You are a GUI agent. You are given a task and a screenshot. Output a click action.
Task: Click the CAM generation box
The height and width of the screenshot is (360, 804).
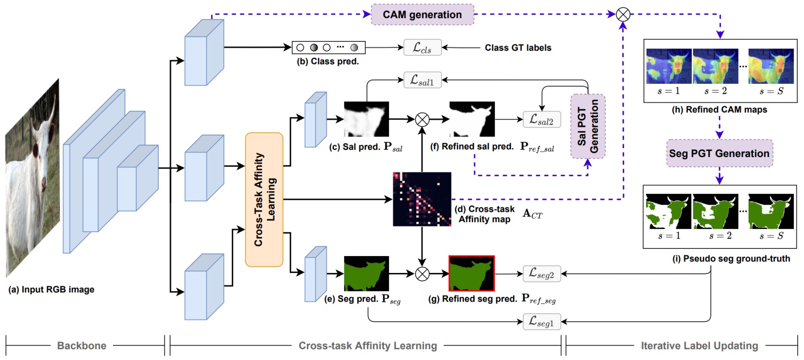[422, 15]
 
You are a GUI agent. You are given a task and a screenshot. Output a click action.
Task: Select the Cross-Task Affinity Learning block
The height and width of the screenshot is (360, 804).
[264, 200]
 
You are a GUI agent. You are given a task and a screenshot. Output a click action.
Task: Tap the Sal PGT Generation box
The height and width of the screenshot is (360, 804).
[588, 126]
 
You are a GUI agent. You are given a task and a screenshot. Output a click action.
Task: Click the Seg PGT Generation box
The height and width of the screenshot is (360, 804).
[719, 153]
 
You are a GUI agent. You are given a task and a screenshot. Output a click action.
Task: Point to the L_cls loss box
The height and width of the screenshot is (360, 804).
[422, 48]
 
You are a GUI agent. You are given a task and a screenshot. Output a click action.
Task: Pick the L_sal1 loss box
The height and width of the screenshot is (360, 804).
[422, 80]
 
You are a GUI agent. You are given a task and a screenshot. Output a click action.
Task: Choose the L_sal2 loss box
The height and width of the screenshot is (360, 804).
[541, 120]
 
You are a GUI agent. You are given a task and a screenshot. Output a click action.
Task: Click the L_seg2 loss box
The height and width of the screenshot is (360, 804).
[541, 274]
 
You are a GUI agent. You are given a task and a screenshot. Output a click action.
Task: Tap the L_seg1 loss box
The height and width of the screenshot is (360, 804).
[541, 322]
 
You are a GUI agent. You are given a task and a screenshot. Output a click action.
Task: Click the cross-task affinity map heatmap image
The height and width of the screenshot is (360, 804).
[422, 199]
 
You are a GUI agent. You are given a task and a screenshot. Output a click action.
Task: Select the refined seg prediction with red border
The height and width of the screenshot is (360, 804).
[471, 273]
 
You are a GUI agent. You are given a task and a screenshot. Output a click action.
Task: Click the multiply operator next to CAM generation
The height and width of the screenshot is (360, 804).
[623, 15]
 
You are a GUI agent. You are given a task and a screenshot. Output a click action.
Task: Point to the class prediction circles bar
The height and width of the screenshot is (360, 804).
[328, 48]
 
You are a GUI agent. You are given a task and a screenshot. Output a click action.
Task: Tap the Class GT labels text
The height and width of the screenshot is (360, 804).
[518, 48]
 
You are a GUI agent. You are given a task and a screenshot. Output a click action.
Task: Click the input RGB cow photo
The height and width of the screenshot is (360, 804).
[32, 177]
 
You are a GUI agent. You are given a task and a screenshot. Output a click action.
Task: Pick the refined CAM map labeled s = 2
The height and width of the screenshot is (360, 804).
[715, 66]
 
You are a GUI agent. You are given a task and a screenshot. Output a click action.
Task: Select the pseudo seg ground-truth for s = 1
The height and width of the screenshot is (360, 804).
[668, 211]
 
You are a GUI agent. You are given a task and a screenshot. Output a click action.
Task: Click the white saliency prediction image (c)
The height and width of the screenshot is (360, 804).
[366, 119]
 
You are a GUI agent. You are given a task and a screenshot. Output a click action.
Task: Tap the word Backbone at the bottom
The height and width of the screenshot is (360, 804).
[82, 346]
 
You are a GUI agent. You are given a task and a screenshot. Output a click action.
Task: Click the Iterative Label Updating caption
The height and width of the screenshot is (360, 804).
[699, 346]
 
